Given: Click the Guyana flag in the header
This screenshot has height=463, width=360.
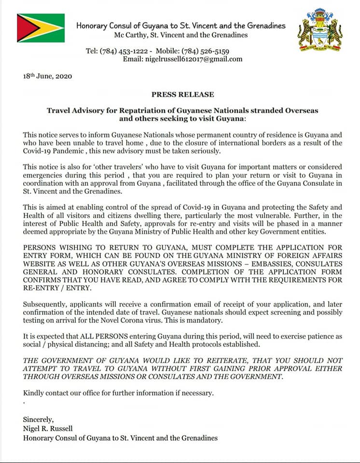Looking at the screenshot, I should pos(41,27).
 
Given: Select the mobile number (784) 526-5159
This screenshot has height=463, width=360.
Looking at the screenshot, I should pos(205,51).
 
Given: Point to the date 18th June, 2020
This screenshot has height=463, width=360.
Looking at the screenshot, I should pos(48,76).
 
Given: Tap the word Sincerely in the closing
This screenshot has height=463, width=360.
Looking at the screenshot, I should pos(39,420).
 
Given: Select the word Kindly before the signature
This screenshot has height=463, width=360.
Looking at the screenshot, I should pos(34,393).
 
